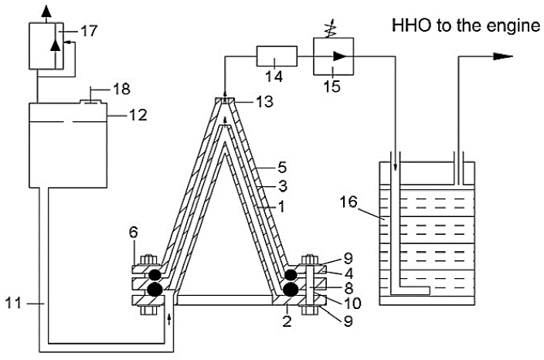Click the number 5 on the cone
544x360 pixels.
(283, 166)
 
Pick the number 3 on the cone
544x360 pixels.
(283, 187)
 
